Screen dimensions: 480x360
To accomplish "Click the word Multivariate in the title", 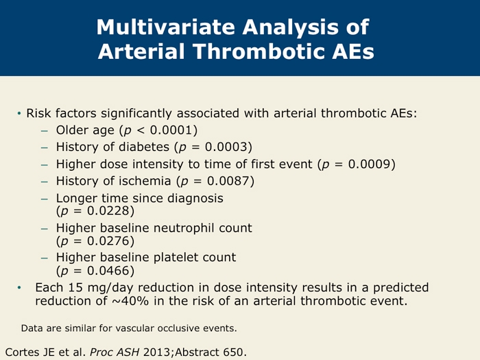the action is [x=167, y=27].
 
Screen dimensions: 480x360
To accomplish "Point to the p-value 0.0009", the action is [x=370, y=164].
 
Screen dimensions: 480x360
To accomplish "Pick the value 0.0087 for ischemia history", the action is [x=228, y=181].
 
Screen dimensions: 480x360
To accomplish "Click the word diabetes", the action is [x=144, y=147].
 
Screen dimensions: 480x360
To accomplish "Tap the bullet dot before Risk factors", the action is [x=19, y=114].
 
